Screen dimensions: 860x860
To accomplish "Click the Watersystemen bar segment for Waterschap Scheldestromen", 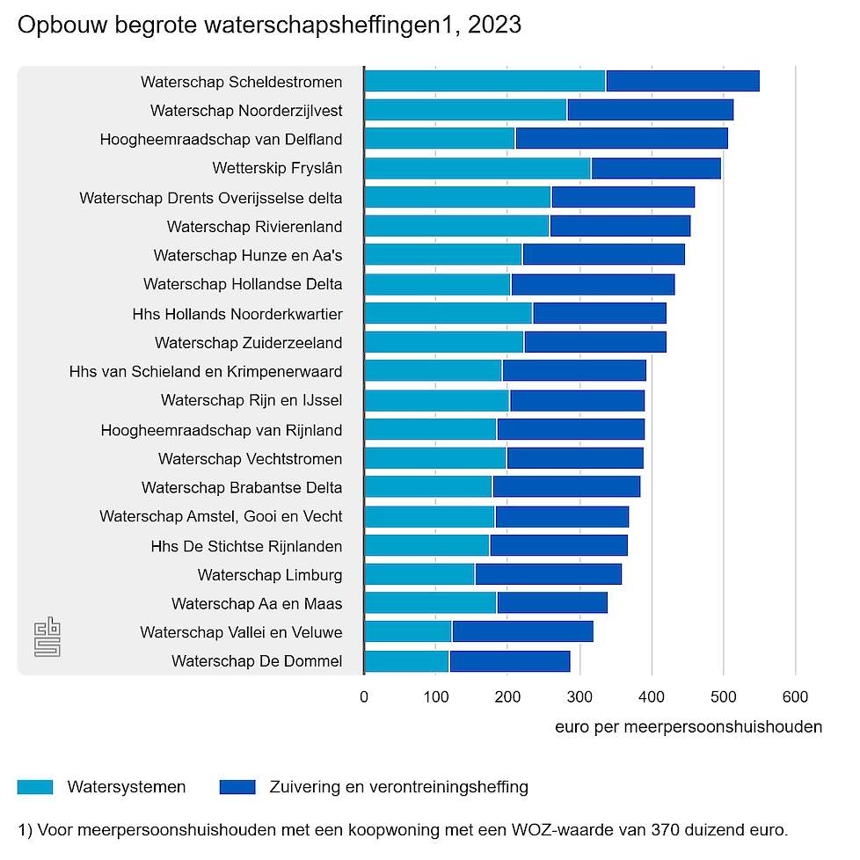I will [485, 81].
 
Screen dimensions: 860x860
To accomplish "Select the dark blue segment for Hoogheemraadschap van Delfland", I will [622, 139].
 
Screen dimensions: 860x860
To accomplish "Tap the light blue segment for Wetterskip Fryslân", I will [477, 168].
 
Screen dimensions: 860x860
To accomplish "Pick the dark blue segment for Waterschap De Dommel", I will [509, 661].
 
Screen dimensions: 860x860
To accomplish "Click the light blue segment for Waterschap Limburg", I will [419, 574].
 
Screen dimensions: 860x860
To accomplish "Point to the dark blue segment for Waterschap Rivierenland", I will [620, 226].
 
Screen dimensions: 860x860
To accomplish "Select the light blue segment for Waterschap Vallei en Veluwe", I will [408, 632].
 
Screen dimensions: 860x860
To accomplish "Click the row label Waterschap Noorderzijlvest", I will [246, 111].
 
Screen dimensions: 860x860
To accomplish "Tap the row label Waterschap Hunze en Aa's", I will [247, 256].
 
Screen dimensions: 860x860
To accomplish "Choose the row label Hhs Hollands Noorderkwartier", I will [237, 314].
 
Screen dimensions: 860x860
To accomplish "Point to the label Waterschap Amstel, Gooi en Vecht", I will [221, 516].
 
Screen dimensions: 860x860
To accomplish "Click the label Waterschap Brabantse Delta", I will [242, 487].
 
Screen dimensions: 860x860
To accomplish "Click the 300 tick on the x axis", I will [579, 697].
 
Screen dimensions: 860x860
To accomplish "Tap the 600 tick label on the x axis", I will [795, 697].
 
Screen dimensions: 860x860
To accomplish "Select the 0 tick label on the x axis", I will [364, 697].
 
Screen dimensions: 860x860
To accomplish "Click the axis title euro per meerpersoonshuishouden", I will [689, 727].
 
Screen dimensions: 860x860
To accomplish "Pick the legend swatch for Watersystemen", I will [35, 787].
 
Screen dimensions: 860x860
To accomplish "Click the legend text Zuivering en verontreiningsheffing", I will [398, 787].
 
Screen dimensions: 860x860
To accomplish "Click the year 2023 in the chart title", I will [493, 26].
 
